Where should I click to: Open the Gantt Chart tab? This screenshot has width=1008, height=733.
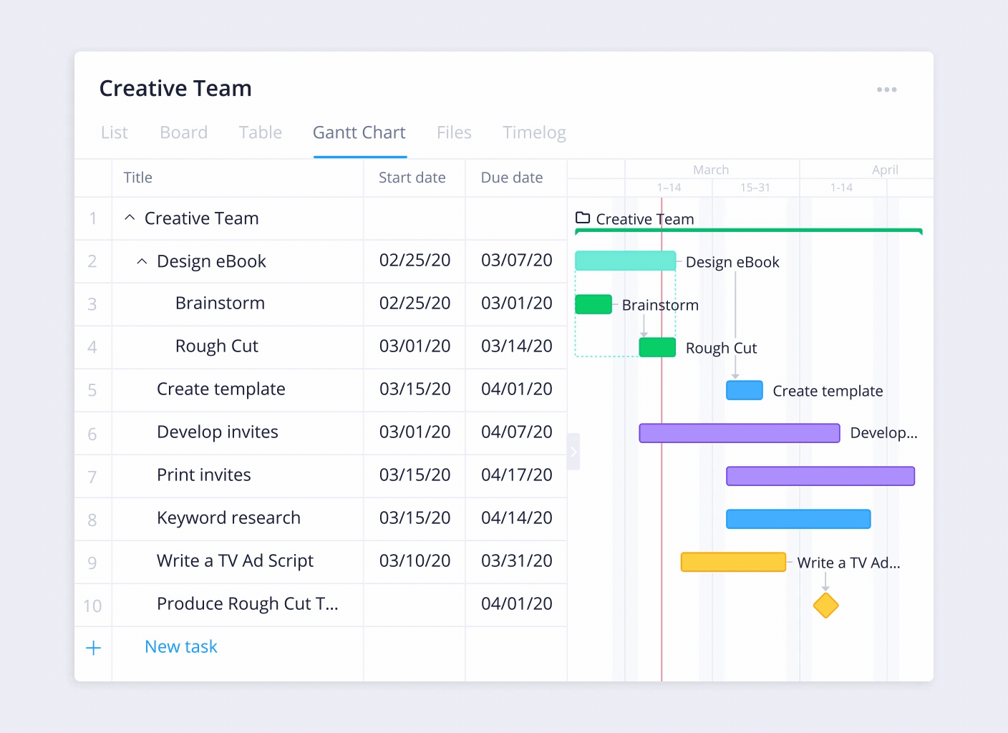tap(359, 133)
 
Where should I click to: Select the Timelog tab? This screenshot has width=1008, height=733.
tap(534, 133)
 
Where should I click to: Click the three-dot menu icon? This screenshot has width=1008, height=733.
tap(886, 89)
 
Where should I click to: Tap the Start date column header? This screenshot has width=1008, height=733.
tap(412, 178)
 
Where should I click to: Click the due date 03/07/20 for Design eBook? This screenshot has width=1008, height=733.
tap(516, 261)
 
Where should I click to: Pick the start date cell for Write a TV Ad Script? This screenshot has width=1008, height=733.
tap(415, 561)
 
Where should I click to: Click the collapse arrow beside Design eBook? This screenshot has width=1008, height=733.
tap(142, 261)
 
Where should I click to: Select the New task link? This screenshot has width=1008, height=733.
tap(180, 647)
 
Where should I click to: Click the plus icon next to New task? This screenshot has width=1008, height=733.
tap(93, 649)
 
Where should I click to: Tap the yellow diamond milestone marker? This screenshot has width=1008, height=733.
tap(825, 606)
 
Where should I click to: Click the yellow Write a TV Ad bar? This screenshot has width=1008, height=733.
tap(732, 562)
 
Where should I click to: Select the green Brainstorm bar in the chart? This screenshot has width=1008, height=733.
tap(593, 304)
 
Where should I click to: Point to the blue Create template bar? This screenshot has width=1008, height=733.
tap(744, 390)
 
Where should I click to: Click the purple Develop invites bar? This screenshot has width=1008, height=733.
tap(739, 433)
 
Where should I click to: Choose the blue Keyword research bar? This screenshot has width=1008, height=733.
tap(798, 519)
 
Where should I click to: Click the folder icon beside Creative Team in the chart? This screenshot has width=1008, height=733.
tap(583, 218)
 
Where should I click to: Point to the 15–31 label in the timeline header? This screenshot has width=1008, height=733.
tap(755, 188)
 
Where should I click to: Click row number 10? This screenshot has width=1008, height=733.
tap(92, 606)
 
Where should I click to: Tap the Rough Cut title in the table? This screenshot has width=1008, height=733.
tap(216, 346)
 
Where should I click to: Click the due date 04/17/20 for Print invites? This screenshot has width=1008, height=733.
tap(516, 475)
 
